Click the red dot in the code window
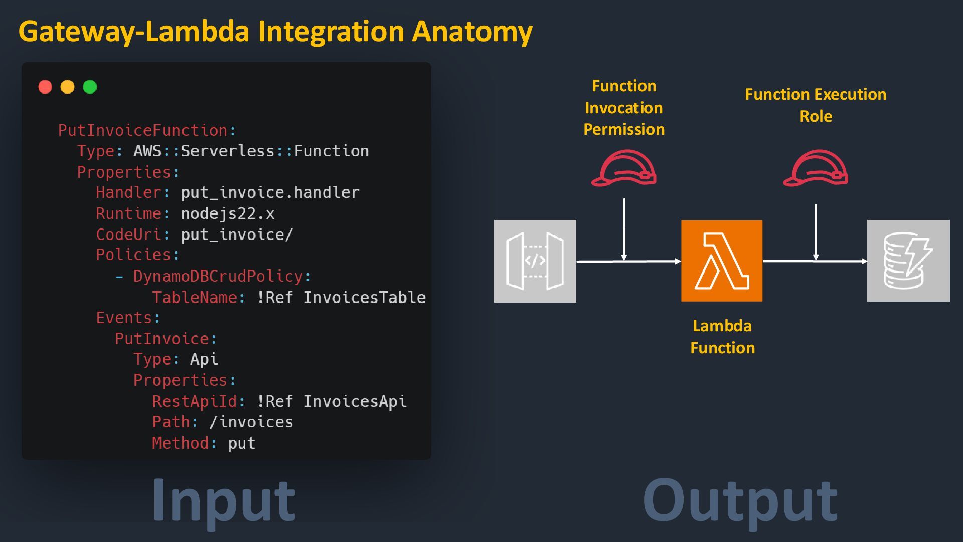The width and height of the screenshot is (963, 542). (45, 87)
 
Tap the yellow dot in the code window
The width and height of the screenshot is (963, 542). (67, 87)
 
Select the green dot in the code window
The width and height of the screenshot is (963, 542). (90, 87)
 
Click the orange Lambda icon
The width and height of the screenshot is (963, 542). (722, 261)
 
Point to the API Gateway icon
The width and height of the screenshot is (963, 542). (535, 261)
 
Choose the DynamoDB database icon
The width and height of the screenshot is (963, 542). (908, 261)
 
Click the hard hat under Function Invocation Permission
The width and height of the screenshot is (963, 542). (624, 168)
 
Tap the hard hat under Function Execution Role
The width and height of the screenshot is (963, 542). (816, 168)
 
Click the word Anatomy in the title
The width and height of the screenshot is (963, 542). (472, 32)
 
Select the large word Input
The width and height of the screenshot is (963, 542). (224, 500)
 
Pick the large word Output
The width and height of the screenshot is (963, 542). (740, 500)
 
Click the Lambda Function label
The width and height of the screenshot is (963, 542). (722, 337)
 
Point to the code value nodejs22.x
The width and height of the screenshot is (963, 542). (227, 214)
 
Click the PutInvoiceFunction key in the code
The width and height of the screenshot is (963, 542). (143, 131)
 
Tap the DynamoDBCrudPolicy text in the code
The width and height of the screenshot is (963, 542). (218, 277)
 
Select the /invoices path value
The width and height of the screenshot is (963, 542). (251, 422)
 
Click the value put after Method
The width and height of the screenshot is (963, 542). (241, 443)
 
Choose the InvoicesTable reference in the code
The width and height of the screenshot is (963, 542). (365, 298)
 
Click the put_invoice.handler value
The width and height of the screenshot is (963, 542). (270, 193)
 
